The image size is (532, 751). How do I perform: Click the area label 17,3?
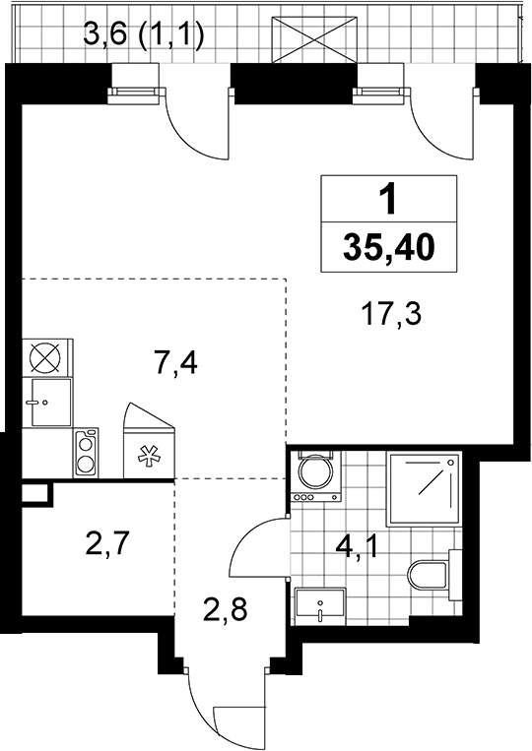coord(392,316)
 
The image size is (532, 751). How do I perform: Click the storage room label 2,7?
coord(106,543)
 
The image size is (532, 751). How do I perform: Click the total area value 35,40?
coord(389,248)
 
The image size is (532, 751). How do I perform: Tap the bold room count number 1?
coord(388,199)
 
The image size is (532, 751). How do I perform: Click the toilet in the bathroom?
coord(434,575)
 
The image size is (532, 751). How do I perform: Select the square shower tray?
coord(426,489)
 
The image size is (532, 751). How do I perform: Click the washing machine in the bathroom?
coord(316,475)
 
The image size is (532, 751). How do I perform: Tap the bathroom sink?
coord(319,606)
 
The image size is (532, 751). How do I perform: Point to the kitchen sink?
coord(51,402)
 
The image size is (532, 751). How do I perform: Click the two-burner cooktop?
coord(86,453)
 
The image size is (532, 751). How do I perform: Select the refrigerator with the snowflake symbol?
coord(149,440)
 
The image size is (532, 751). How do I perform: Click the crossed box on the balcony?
coord(315,39)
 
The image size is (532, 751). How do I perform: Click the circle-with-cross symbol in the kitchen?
coord(46,357)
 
